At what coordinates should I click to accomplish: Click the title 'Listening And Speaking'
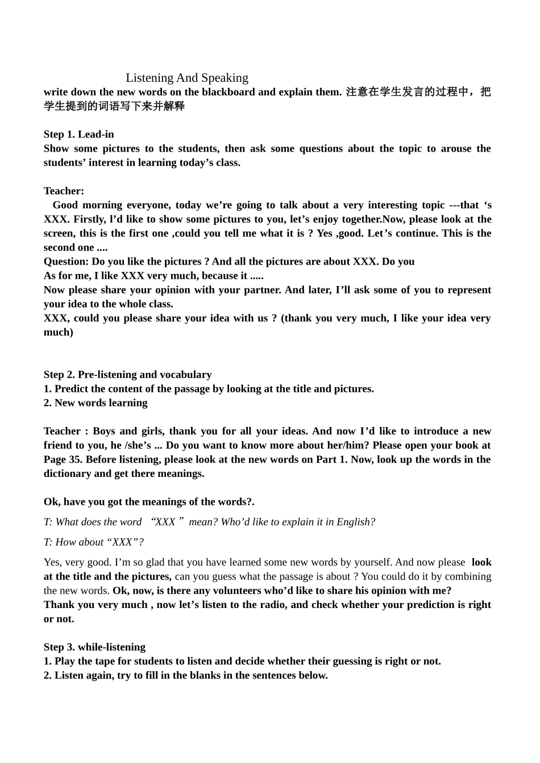[187, 78]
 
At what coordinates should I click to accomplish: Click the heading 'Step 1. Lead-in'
[78, 135]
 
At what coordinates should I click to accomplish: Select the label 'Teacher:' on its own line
[64, 191]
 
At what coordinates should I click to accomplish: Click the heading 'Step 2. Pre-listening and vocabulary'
[127, 375]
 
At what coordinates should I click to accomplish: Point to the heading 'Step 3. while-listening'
[94, 647]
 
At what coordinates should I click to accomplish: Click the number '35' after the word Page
[76, 459]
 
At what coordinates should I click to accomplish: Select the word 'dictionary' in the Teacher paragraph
[68, 473]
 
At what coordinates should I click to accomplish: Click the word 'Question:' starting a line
[67, 262]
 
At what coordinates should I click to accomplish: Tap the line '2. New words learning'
[95, 403]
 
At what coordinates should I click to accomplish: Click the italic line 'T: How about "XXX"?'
[94, 542]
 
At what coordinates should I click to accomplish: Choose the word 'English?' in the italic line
[356, 522]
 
